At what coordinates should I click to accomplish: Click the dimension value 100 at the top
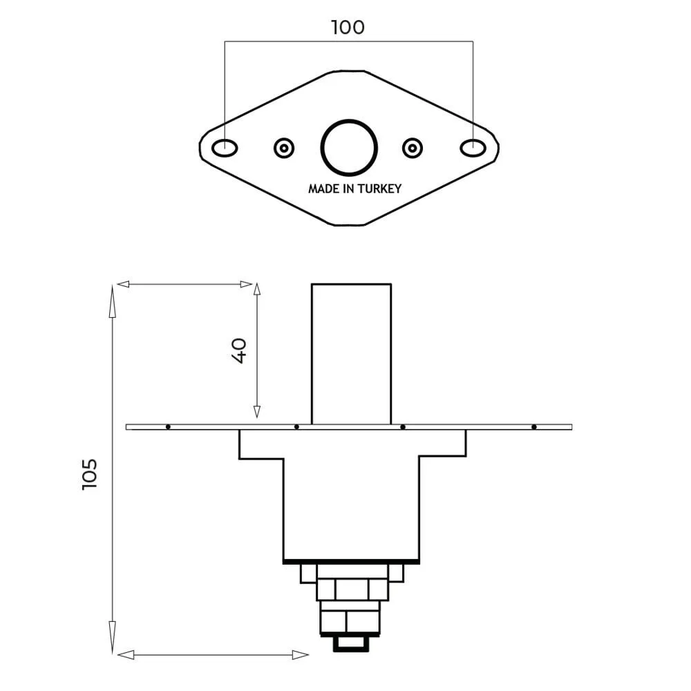(x=348, y=28)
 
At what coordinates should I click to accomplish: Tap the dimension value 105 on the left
(x=89, y=474)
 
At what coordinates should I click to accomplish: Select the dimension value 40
(x=239, y=351)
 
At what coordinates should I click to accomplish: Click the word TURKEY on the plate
(x=379, y=189)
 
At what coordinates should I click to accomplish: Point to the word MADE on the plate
(x=324, y=189)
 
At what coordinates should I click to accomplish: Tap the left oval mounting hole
(x=225, y=148)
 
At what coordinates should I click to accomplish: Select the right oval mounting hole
(x=473, y=148)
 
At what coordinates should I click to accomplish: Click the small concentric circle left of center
(x=284, y=148)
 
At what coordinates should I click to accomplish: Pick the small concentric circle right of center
(x=413, y=148)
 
